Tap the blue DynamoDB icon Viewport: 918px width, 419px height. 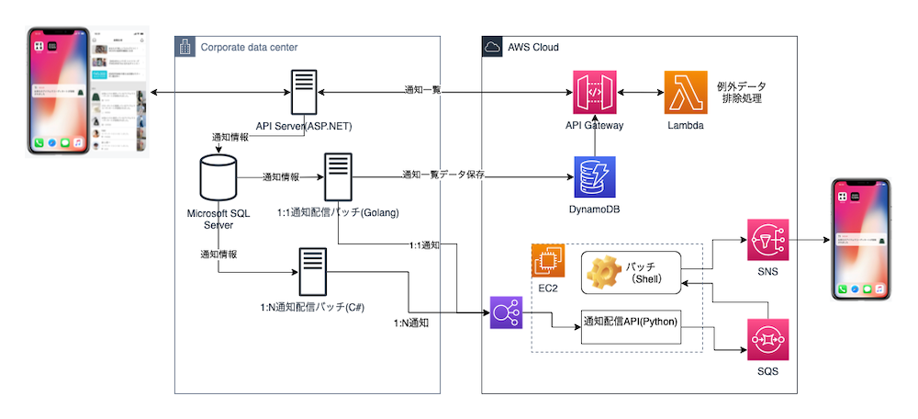pyautogui.click(x=593, y=176)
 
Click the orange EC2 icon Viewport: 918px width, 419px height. pyautogui.click(x=548, y=260)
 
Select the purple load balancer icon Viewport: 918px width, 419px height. pyautogui.click(x=506, y=312)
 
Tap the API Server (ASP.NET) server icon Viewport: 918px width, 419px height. pyautogui.click(x=305, y=93)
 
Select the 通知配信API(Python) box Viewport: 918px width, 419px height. pyautogui.click(x=632, y=323)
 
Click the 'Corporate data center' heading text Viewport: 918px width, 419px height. pyautogui.click(x=249, y=47)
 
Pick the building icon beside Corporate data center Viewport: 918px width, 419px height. pyautogui.click(x=185, y=47)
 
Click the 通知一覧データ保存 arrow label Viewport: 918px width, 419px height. pyautogui.click(x=442, y=174)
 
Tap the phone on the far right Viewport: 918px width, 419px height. pyautogui.click(x=863, y=240)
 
